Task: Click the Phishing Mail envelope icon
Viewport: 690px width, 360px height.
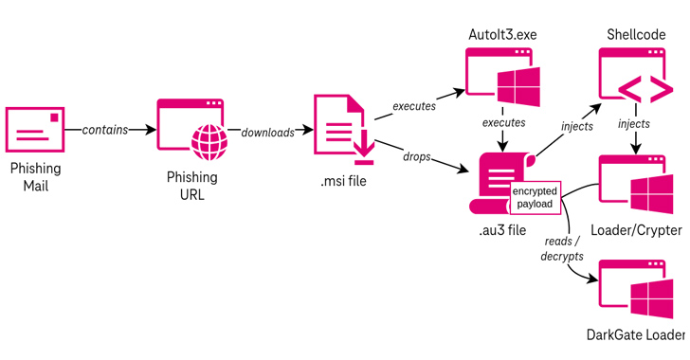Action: click(x=35, y=130)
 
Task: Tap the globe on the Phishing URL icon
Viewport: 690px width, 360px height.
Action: click(x=209, y=143)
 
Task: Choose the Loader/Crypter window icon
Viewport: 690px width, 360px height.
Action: click(x=636, y=184)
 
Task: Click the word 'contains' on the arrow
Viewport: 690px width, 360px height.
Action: click(x=104, y=130)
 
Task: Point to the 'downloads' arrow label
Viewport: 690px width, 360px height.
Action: click(x=267, y=133)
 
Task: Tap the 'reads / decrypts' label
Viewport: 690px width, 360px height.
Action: click(x=557, y=249)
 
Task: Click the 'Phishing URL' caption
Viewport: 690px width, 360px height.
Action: click(x=192, y=185)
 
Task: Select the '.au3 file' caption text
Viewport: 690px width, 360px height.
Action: click(x=501, y=230)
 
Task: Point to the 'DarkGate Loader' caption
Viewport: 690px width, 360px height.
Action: click(x=634, y=335)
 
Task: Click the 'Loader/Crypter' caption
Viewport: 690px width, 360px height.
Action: click(x=636, y=230)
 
